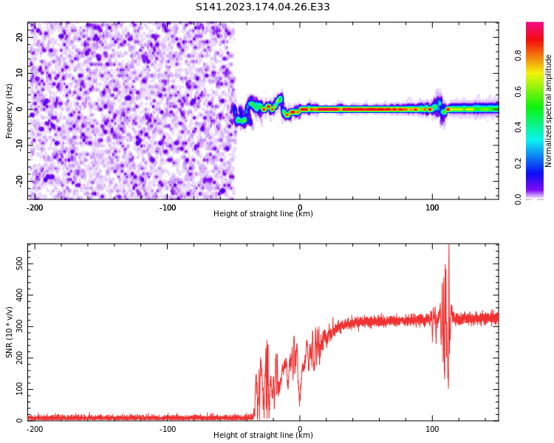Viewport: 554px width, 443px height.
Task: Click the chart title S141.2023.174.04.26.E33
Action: coord(262,7)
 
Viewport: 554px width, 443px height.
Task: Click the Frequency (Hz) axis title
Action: coord(10,111)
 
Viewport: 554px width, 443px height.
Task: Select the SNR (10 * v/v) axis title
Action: coord(10,332)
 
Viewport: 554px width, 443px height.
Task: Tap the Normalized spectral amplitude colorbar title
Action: coord(549,111)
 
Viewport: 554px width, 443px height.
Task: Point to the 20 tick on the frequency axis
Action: coord(19,37)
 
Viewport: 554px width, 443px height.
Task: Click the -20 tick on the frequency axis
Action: coord(19,180)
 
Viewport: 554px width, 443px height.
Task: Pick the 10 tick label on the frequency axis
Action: coord(19,73)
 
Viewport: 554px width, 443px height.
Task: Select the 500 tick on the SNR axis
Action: coord(18,264)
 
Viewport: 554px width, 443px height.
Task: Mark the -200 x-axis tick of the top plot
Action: coord(35,207)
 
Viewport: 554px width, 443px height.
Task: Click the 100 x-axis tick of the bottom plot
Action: coord(432,428)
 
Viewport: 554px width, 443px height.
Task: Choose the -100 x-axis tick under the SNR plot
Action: coord(168,428)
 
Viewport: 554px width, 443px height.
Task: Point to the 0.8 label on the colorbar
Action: coord(518,55)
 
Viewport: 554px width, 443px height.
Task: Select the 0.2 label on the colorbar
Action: coord(518,163)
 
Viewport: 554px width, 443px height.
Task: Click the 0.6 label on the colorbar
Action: coord(518,92)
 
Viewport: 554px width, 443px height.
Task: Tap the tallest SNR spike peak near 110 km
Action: coord(448,246)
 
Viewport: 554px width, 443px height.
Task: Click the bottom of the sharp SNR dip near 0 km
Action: coord(299,405)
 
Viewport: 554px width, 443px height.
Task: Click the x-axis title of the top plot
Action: coord(263,214)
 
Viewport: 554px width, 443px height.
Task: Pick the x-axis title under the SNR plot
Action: coord(263,436)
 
